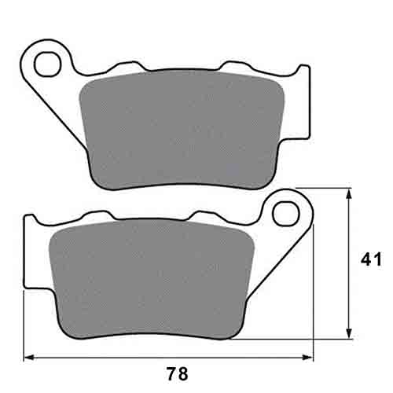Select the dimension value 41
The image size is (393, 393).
372,259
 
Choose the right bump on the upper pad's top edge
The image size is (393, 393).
236,66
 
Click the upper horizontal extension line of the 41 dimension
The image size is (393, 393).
322,189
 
